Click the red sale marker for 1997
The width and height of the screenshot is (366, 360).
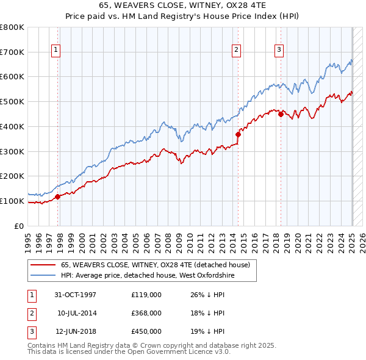point(58,196)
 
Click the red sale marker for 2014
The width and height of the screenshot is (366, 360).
point(238,135)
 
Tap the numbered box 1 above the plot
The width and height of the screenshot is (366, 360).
point(56,51)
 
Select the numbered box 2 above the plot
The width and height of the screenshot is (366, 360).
point(236,51)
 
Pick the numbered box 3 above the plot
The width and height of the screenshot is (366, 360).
point(279,51)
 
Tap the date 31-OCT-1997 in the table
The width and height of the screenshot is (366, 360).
point(75,295)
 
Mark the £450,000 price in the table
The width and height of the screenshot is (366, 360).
point(146,331)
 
